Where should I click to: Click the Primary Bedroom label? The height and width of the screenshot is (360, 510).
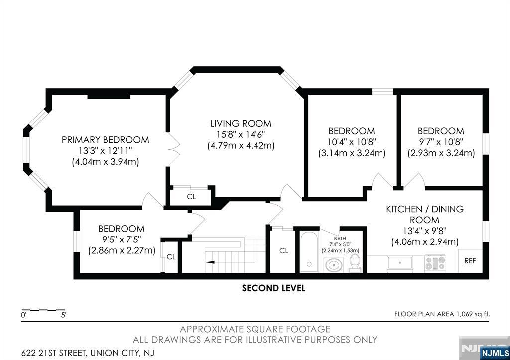(106, 140)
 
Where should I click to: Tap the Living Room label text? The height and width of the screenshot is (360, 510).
(241, 124)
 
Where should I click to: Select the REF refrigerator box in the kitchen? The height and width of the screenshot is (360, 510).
(470, 261)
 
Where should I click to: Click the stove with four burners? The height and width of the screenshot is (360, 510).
(435, 263)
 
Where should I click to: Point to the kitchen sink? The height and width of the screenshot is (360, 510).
(400, 263)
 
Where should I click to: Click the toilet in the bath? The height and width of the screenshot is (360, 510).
(355, 263)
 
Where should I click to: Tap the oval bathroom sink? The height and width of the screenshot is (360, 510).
(334, 265)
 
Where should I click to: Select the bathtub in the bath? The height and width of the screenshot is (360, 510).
(309, 251)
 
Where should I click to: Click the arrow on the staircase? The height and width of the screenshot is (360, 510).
(210, 262)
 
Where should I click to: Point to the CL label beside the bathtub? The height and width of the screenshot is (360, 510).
(284, 251)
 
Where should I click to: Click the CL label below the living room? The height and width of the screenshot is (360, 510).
(192, 197)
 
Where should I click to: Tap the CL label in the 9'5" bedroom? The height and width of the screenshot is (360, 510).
(171, 257)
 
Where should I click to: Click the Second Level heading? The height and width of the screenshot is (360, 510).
(273, 288)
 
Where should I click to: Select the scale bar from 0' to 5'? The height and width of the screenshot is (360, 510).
(43, 310)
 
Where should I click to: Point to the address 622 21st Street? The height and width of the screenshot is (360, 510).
(88, 353)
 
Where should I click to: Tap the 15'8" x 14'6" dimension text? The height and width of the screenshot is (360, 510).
(241, 134)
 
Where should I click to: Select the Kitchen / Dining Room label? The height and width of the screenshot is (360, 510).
(425, 214)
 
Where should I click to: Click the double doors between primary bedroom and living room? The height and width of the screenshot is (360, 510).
(174, 149)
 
